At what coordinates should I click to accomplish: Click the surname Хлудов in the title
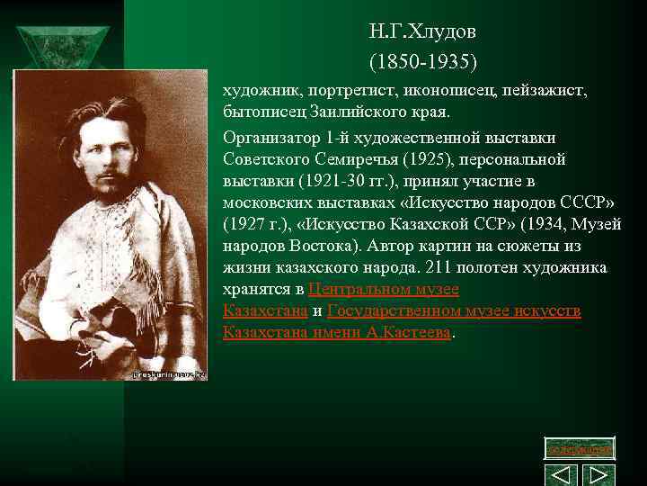click(x=442, y=32)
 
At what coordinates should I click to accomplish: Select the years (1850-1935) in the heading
click(x=422, y=63)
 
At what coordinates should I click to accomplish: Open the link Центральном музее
click(x=384, y=289)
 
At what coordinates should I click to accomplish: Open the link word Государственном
click(x=400, y=310)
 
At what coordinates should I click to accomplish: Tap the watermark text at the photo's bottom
click(x=169, y=373)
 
